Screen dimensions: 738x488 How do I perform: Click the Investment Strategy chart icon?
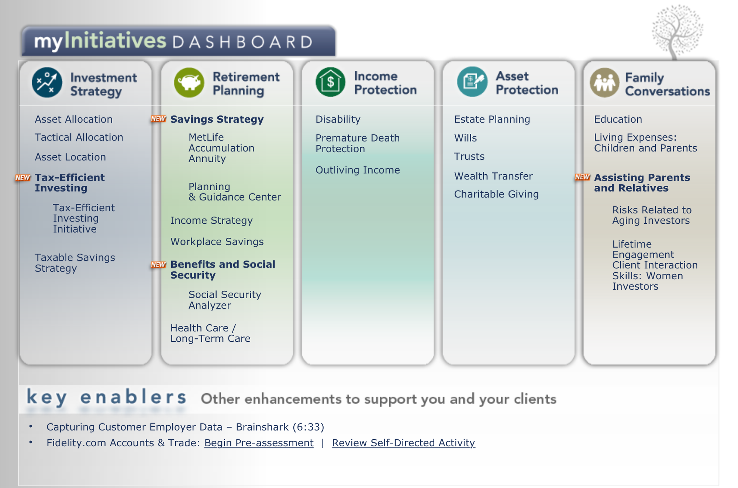click(x=47, y=83)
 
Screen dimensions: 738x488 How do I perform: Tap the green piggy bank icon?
click(x=189, y=83)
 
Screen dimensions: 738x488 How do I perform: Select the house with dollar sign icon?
click(x=331, y=82)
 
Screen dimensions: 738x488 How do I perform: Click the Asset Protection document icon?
click(x=472, y=82)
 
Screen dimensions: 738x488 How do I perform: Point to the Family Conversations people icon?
click(x=605, y=83)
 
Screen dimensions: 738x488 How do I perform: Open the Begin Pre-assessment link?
click(x=259, y=443)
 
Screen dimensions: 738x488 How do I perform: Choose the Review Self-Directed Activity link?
click(x=404, y=443)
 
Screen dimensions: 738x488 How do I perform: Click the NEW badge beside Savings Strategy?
click(x=158, y=119)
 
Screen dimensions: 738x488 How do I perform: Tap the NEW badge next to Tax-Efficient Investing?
click(x=23, y=178)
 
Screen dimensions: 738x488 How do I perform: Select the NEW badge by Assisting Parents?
click(x=583, y=177)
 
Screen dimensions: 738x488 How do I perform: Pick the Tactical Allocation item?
click(x=79, y=137)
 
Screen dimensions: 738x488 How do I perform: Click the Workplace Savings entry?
click(x=217, y=242)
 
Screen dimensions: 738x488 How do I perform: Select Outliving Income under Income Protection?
click(x=358, y=170)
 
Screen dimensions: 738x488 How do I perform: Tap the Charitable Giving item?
click(x=496, y=194)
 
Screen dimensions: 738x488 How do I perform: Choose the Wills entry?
click(x=465, y=138)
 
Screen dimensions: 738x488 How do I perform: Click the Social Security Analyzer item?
click(x=225, y=300)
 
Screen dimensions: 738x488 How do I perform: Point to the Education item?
click(x=618, y=119)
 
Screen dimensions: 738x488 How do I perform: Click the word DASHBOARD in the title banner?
click(x=243, y=42)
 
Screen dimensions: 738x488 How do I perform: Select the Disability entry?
click(x=338, y=119)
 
